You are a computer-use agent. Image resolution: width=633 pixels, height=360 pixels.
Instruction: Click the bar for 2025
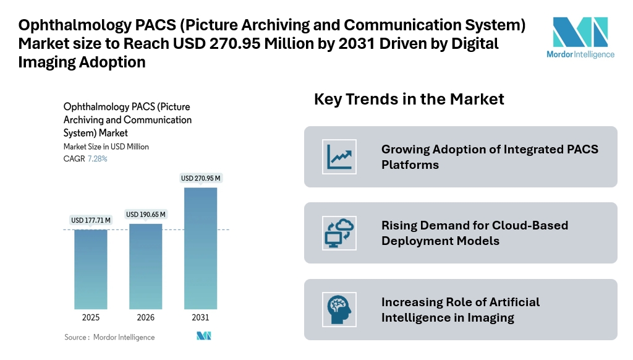[91, 269]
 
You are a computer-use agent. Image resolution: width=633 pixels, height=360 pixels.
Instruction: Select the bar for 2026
[146, 266]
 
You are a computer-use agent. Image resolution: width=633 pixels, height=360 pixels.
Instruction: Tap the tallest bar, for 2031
[200, 247]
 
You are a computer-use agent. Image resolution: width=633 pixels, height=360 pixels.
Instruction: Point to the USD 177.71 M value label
[91, 220]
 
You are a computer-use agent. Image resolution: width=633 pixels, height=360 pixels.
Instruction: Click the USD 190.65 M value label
[146, 214]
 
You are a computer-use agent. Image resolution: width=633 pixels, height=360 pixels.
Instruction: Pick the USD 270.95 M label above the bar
[200, 178]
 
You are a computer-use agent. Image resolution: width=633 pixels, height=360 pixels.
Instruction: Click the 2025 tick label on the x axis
[91, 317]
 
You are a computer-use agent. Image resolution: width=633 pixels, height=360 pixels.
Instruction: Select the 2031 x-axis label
[200, 317]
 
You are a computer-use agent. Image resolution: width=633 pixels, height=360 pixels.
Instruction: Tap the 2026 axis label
[146, 317]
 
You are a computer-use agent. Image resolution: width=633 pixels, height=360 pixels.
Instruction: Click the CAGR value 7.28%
[97, 159]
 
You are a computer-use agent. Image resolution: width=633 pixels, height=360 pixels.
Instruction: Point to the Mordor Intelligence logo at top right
[580, 37]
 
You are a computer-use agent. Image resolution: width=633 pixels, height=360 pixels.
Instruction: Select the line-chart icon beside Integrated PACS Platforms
[339, 156]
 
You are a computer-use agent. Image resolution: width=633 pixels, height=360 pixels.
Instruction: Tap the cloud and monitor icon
[339, 233]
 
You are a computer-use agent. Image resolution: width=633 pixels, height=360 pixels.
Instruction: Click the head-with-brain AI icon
[339, 309]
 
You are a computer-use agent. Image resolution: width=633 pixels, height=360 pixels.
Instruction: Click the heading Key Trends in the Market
[409, 99]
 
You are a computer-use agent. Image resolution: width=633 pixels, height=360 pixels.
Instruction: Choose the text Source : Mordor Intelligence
[109, 337]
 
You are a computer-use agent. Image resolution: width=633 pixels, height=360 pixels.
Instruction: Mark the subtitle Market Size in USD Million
[106, 147]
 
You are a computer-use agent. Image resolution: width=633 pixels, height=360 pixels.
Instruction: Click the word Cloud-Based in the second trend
[530, 225]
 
